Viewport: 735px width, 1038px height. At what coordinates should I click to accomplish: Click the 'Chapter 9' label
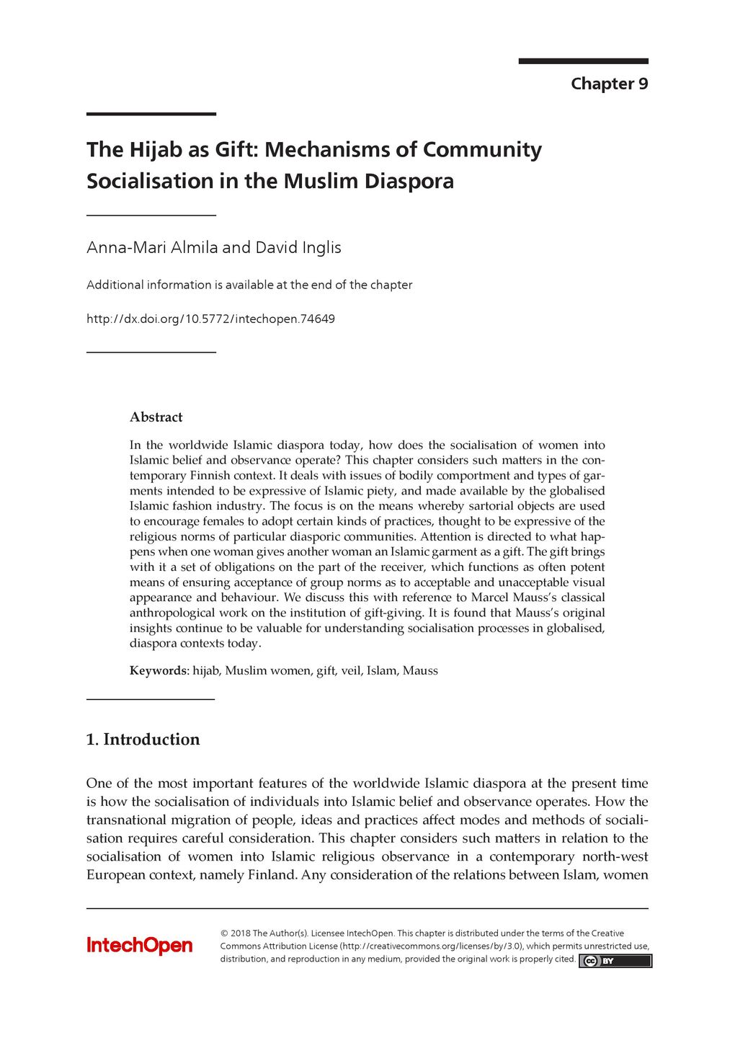609,84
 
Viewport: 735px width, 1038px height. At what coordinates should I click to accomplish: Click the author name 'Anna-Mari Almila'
152,247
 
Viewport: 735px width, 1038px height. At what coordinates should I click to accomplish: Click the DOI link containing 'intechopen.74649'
210,319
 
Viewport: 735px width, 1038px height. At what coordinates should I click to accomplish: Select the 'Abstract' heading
156,417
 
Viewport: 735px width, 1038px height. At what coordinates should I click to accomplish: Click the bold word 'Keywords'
158,670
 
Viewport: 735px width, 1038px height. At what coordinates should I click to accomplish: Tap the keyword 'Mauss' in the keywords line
420,670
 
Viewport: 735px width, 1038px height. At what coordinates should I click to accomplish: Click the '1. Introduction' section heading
143,739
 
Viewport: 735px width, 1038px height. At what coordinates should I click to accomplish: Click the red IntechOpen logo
140,945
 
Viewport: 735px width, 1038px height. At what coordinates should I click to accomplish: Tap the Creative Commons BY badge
615,961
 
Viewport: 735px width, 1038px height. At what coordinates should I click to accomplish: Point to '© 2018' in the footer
235,933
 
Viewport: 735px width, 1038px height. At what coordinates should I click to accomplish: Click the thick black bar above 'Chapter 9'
583,61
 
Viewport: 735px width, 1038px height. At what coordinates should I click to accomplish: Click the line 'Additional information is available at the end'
249,285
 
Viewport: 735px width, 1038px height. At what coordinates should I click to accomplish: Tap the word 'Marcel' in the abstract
489,598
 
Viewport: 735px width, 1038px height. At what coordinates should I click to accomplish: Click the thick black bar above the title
151,114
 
